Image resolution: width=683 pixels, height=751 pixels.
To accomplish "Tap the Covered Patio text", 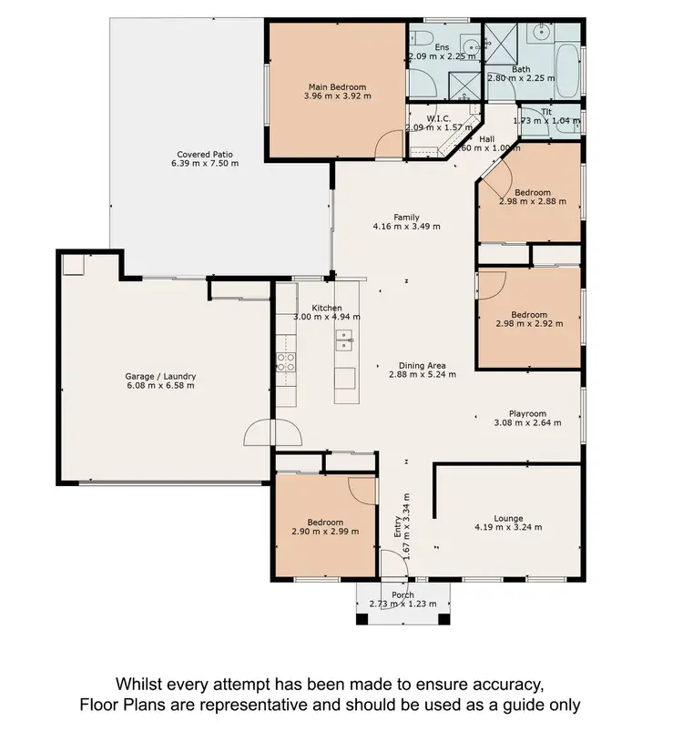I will (x=205, y=155).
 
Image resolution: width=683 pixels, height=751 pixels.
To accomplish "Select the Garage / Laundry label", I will (x=160, y=376).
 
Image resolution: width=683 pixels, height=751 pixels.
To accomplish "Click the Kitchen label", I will (x=326, y=308).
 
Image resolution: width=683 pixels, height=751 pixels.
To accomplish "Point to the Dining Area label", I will (x=422, y=365).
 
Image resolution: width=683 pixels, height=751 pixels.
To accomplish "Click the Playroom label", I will (x=527, y=412).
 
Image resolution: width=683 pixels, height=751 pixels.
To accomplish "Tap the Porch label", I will (x=402, y=594).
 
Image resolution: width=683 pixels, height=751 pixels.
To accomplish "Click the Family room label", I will (x=406, y=217).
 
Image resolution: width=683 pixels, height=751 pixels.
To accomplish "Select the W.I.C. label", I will (x=440, y=117).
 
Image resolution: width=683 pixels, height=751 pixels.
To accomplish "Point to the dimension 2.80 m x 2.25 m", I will (x=521, y=78).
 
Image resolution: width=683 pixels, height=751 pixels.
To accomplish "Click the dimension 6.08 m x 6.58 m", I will (x=160, y=386).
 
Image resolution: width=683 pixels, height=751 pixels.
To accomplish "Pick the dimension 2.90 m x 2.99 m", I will (x=325, y=532).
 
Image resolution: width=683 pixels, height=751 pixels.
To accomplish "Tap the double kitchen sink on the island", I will (x=345, y=340).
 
